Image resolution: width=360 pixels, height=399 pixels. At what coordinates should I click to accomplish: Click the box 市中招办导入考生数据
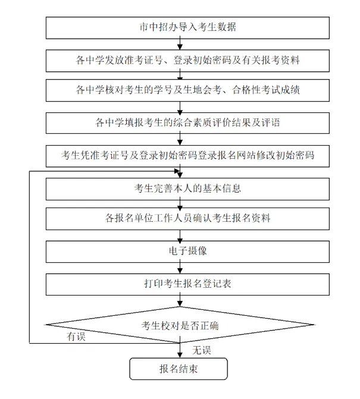(x=180, y=27)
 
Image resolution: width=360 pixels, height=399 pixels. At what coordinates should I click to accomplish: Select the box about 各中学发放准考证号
(x=180, y=60)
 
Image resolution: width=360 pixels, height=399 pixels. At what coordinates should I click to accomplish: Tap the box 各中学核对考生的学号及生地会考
(x=180, y=91)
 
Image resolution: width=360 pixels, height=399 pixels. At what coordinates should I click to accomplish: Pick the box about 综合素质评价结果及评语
(x=180, y=124)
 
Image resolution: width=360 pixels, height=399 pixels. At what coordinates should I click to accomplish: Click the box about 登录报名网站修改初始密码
(x=180, y=156)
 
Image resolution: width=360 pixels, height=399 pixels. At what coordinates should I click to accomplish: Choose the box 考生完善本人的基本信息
(x=180, y=189)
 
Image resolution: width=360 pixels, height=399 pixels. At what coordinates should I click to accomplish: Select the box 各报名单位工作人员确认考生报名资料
(x=180, y=218)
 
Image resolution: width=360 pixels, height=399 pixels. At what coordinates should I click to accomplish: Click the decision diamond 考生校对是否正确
(x=180, y=325)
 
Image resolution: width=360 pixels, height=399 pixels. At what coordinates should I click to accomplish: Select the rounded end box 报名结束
(x=179, y=369)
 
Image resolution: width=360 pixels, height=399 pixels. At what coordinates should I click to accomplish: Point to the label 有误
(x=76, y=337)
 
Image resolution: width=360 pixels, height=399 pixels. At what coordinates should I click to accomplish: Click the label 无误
(x=202, y=348)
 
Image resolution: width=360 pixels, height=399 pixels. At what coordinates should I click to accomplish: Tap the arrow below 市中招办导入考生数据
(x=180, y=43)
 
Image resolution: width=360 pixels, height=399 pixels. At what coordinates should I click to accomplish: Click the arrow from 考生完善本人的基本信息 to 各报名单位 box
(x=180, y=204)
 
